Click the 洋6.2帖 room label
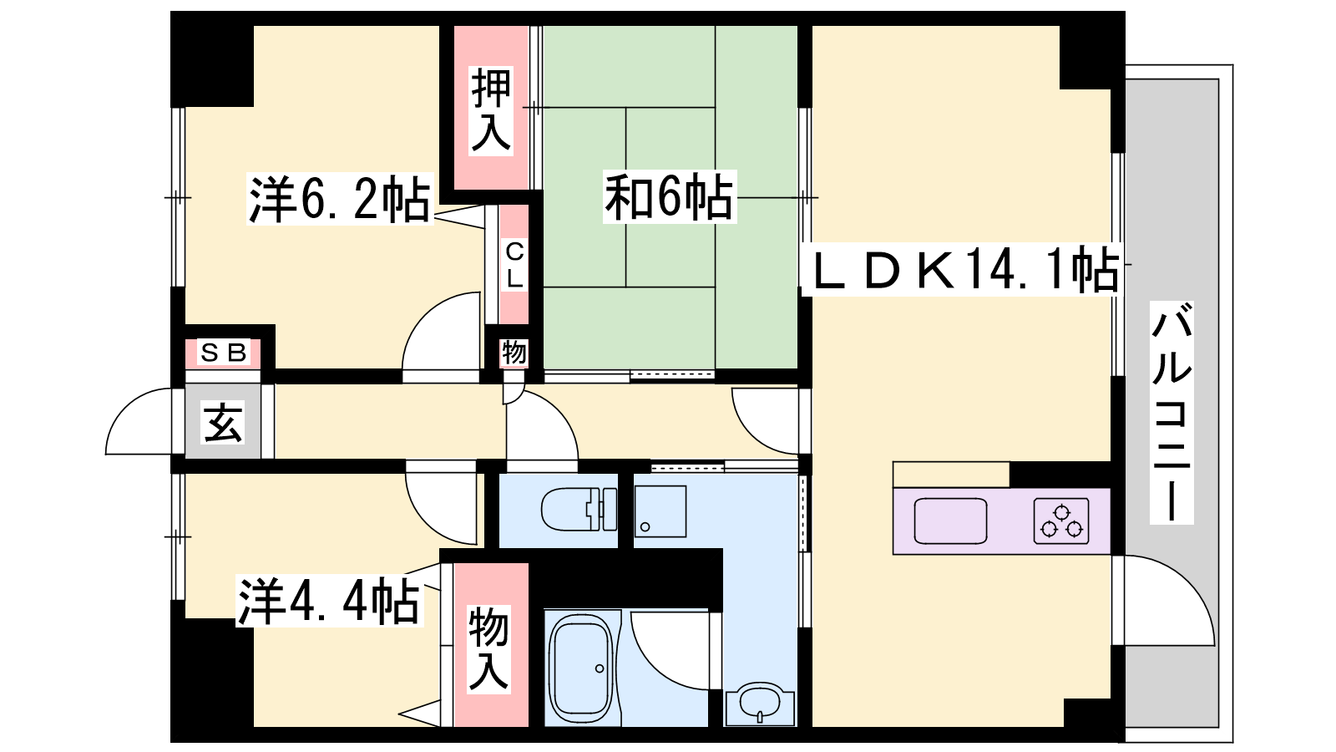tap(339, 198)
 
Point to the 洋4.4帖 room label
tap(329, 601)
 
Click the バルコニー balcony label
tap(1172, 413)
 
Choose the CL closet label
tap(514, 267)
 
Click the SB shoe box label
tap(223, 353)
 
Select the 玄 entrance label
tap(223, 423)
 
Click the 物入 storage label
tap(489, 649)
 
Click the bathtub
tap(581, 668)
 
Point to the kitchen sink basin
tap(951, 521)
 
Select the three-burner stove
tap(1061, 521)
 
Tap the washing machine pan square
tap(660, 511)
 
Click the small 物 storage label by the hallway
tap(514, 352)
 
